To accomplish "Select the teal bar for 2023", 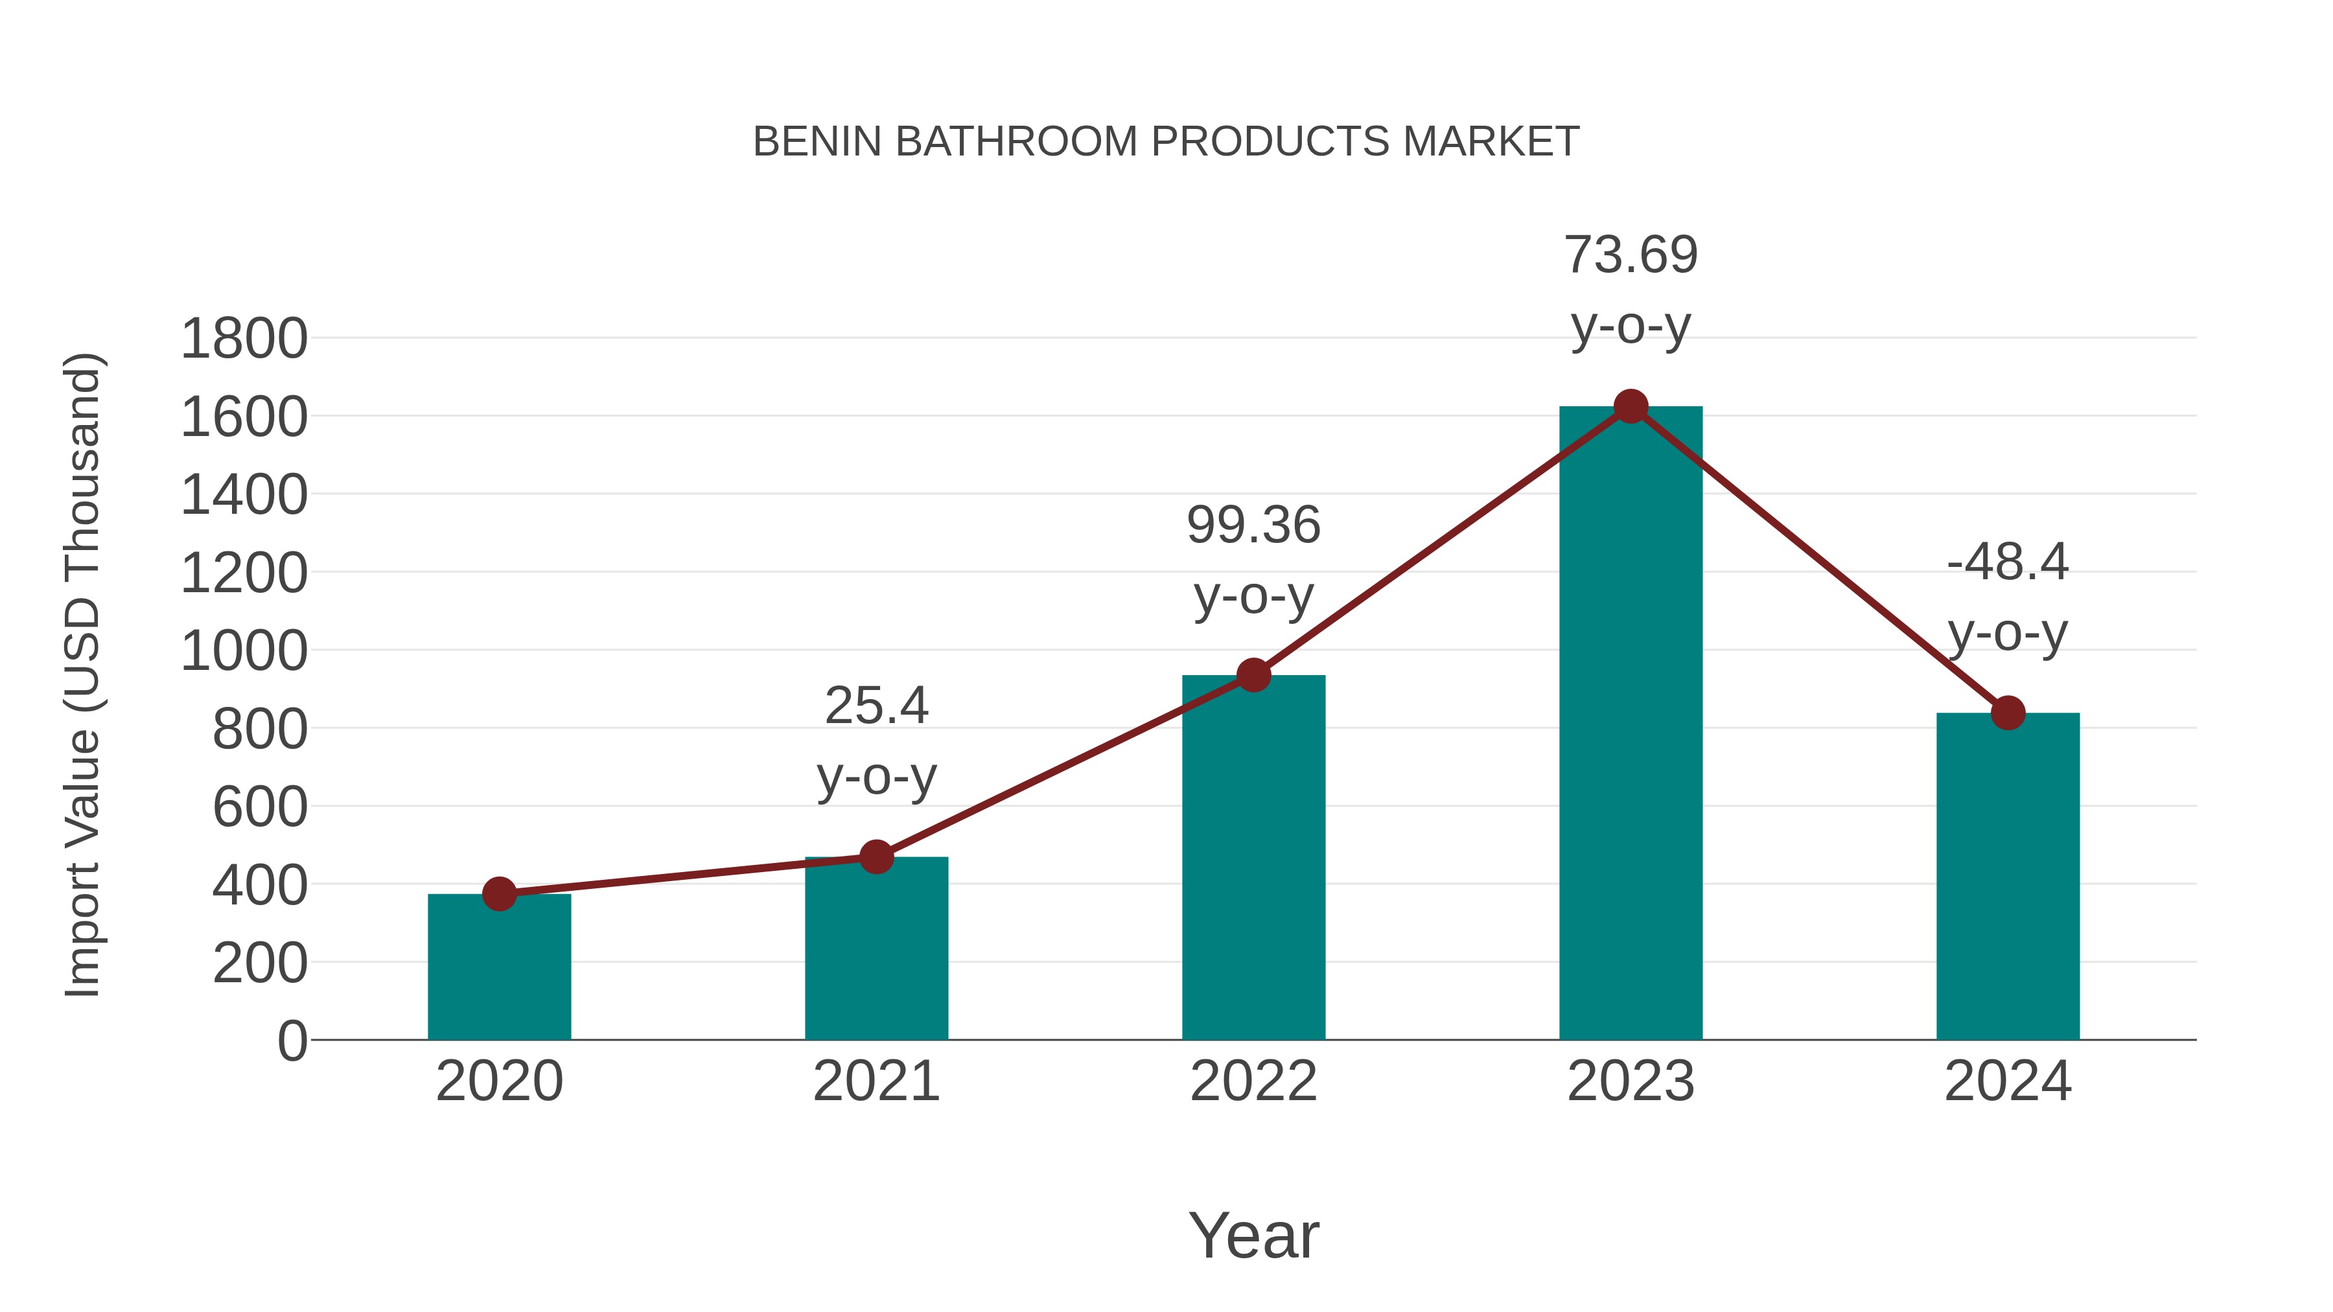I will coord(1631,724).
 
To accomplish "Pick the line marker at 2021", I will coord(876,857).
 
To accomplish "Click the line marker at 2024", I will coord(2008,713).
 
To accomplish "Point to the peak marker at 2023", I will coord(1631,406).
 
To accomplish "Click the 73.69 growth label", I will coord(1631,255).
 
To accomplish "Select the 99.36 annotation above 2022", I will coord(1253,526).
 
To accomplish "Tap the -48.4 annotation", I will coord(2008,562).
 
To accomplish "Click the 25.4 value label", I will coord(876,706).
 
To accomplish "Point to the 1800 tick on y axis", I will coord(244,340).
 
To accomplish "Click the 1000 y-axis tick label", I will coord(244,651).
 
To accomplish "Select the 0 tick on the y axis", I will coord(292,1041).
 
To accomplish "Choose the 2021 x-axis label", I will coord(876,1081).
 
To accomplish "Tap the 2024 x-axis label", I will coord(2008,1081).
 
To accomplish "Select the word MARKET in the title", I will coord(1491,142).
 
